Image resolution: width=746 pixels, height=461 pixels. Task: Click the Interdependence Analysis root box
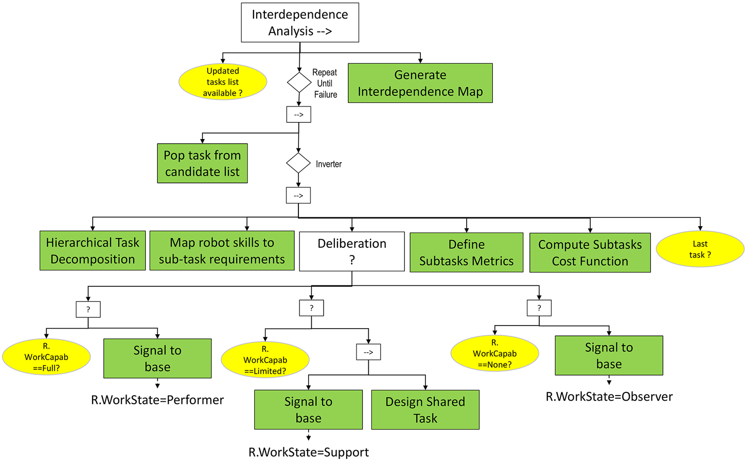pyautogui.click(x=300, y=23)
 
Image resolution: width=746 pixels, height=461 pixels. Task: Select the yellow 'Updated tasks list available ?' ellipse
pyautogui.click(x=223, y=82)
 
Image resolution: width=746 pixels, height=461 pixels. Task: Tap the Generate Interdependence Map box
pyautogui.click(x=420, y=83)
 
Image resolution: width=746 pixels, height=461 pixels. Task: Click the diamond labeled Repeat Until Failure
pyautogui.click(x=299, y=82)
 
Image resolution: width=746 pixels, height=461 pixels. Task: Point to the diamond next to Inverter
pyautogui.click(x=298, y=163)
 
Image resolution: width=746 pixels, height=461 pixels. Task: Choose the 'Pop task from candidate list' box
pyautogui.click(x=202, y=163)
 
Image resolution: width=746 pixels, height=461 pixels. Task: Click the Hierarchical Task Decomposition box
pyautogui.click(x=93, y=250)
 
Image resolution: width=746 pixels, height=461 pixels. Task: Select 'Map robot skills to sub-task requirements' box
pyautogui.click(x=222, y=250)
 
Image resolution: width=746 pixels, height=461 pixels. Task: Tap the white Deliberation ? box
pyautogui.click(x=352, y=251)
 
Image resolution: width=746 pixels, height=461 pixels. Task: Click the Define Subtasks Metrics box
pyautogui.click(x=466, y=252)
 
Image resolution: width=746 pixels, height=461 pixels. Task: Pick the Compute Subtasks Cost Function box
pyautogui.click(x=590, y=252)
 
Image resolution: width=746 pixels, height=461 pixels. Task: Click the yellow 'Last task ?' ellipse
pyautogui.click(x=700, y=249)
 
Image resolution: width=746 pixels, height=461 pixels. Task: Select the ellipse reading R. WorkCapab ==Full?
pyautogui.click(x=46, y=357)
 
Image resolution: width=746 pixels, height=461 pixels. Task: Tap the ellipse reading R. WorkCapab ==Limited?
pyautogui.click(x=265, y=360)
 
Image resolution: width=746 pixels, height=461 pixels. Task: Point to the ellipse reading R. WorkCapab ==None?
pyautogui.click(x=494, y=353)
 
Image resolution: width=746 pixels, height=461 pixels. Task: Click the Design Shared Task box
pyautogui.click(x=425, y=409)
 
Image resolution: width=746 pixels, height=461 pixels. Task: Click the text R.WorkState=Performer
pyautogui.click(x=157, y=400)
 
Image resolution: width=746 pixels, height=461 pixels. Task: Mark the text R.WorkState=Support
pyautogui.click(x=309, y=452)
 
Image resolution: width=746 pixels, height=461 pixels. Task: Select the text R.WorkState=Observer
pyautogui.click(x=609, y=397)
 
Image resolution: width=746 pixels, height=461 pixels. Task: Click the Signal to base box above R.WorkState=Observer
pyautogui.click(x=609, y=355)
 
